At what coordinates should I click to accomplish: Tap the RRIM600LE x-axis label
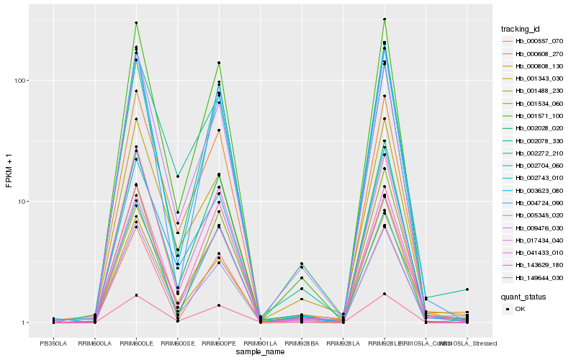(137, 343)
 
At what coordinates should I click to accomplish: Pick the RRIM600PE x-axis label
(219, 343)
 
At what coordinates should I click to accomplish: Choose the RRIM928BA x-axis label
(302, 343)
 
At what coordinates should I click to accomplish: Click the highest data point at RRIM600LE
(136, 23)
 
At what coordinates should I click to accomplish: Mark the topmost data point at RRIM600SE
(178, 176)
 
